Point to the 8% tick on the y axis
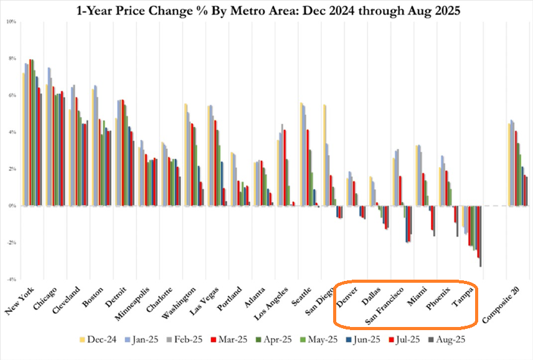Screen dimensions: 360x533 (x=11, y=59)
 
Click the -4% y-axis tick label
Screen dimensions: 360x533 (x=11, y=280)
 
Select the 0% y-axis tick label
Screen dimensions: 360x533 (x=11, y=206)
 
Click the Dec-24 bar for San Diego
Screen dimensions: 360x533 (x=325, y=155)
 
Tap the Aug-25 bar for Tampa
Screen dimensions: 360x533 (x=481, y=236)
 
